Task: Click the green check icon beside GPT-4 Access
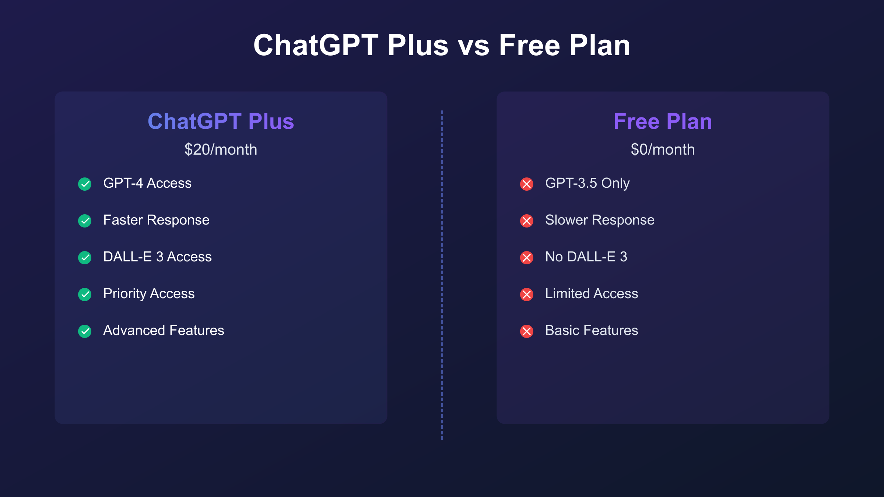[85, 184]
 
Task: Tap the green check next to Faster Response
[85, 221]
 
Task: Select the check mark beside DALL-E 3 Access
[85, 257]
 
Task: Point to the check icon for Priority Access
[85, 294]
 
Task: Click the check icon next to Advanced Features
[85, 331]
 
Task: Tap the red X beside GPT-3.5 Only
[527, 184]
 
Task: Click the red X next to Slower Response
[527, 221]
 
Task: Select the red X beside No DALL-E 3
[527, 257]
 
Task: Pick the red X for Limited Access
[527, 294]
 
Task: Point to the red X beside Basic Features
[527, 331]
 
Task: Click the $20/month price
[221, 149]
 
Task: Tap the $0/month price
[663, 149]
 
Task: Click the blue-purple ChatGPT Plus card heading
[221, 121]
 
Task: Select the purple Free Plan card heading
[663, 121]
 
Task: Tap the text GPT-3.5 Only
[587, 183]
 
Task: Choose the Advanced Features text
[164, 330]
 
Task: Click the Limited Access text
[592, 293]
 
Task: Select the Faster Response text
[156, 220]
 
